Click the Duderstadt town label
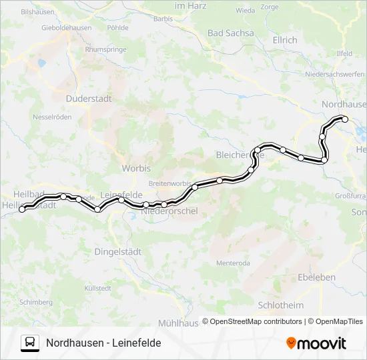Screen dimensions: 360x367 point(89,98)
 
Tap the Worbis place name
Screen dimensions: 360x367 point(136,169)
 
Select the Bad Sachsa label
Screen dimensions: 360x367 point(231,33)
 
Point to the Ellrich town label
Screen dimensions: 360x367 point(285,40)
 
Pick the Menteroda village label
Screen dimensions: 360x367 point(233,263)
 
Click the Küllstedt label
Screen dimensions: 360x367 point(97,287)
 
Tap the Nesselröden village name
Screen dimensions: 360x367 point(52,117)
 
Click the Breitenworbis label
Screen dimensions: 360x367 point(169,183)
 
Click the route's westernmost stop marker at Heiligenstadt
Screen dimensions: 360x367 point(22,209)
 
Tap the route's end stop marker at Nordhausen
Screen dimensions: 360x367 point(345,119)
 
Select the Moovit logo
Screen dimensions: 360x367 point(316,343)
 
